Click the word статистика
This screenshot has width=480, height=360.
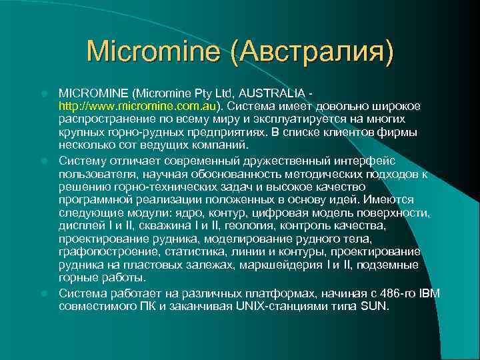coord(181,252)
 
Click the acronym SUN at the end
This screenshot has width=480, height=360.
coord(375,306)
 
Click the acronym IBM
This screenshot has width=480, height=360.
coord(427,293)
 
